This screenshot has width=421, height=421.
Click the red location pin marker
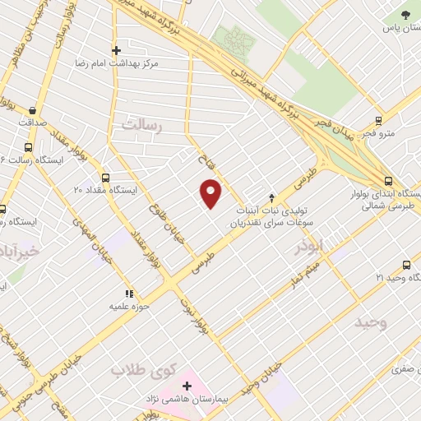pos(211,192)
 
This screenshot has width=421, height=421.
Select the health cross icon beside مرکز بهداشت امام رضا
pos(116,50)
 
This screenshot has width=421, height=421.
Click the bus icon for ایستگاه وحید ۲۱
pos(406,265)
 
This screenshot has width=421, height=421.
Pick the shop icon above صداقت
pos(31,110)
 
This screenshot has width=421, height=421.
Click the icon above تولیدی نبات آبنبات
pos(271,197)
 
